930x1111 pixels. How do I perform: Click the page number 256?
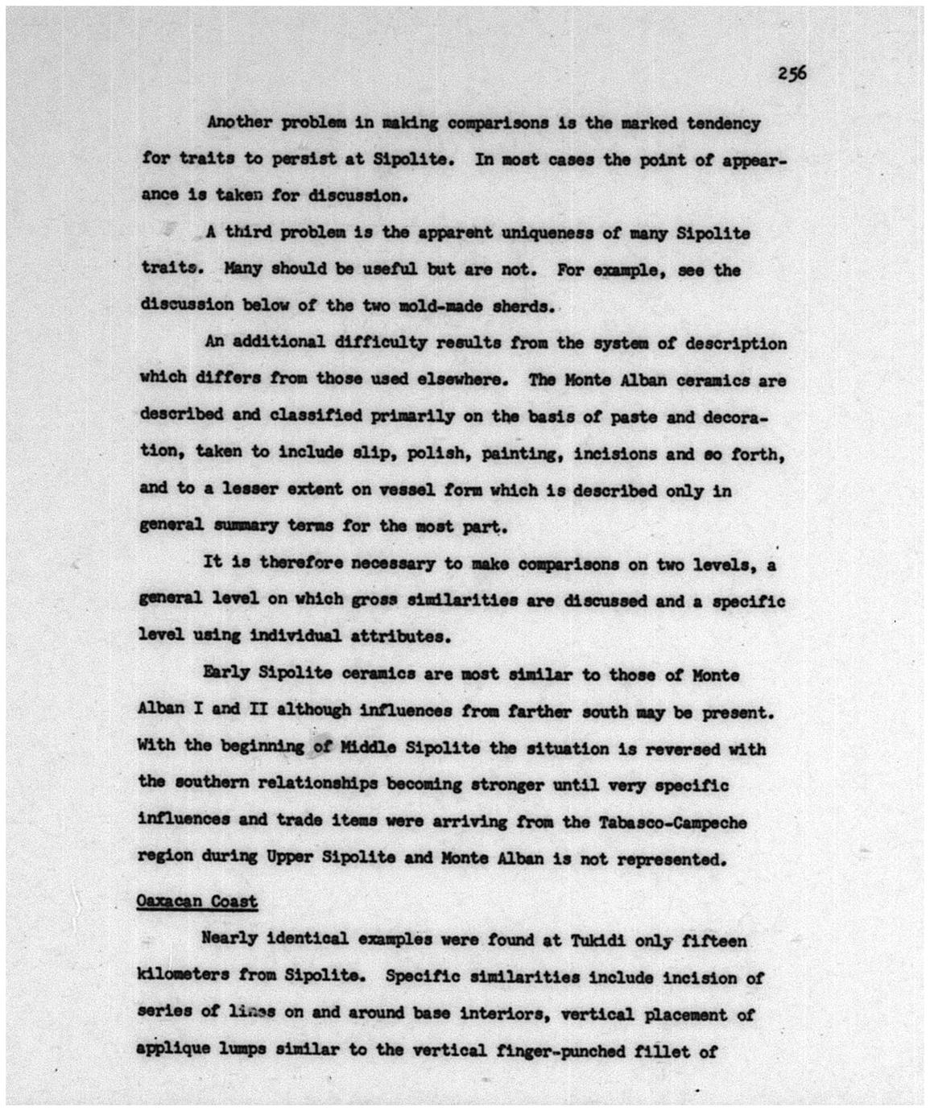coord(792,73)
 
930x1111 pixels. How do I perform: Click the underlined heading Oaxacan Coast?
coord(197,901)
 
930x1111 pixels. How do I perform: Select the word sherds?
coord(522,306)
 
